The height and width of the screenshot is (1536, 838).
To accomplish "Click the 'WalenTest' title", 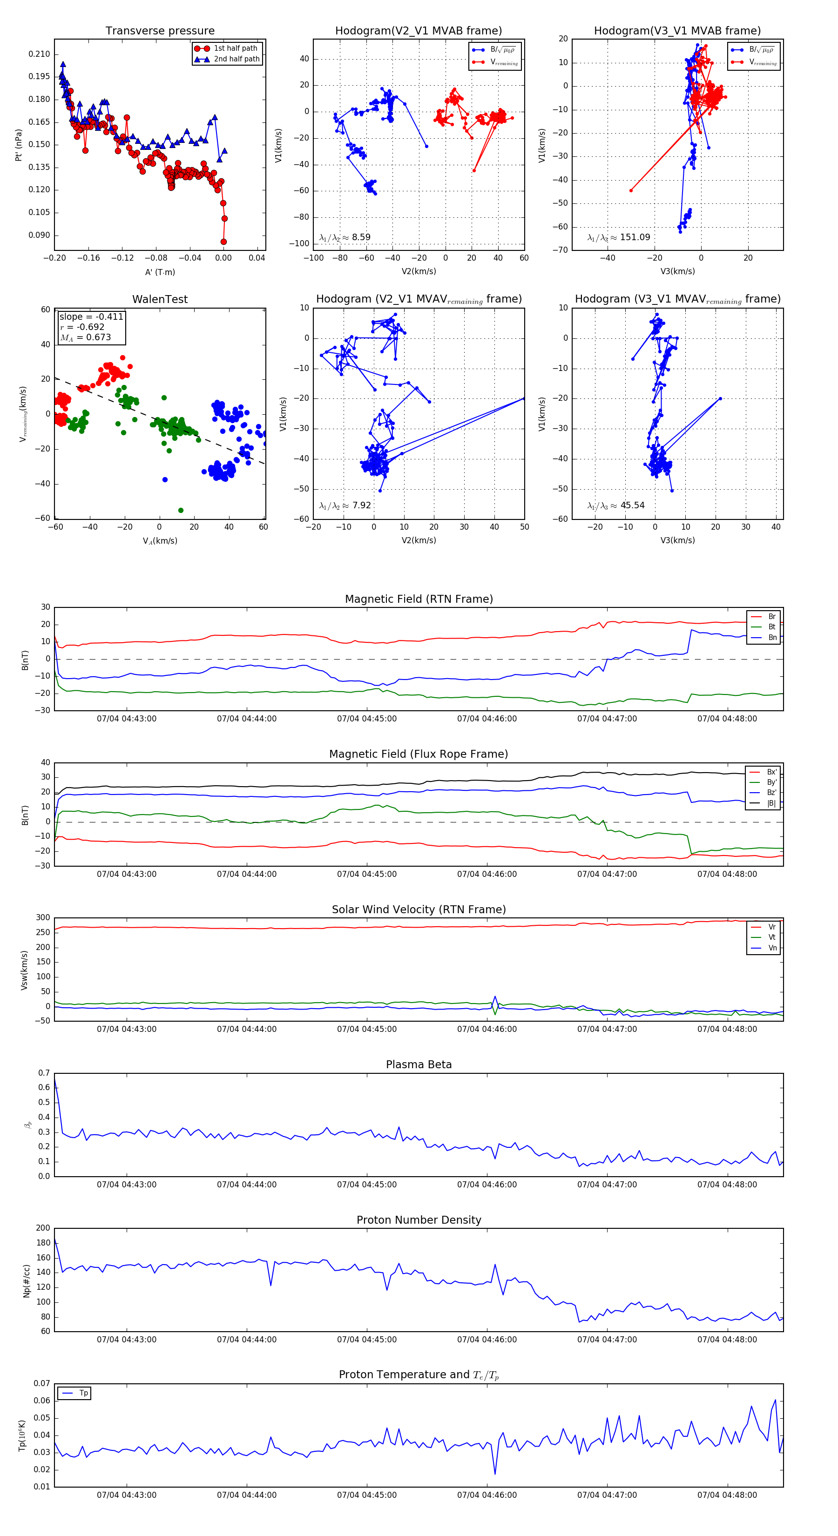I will [160, 299].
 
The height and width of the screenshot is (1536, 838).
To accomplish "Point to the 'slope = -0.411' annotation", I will [91, 317].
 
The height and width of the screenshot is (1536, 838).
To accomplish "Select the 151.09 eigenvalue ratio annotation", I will [619, 237].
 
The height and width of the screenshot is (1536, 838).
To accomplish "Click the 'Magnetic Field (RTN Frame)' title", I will [419, 599].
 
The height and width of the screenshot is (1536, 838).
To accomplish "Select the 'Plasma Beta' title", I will [419, 1065].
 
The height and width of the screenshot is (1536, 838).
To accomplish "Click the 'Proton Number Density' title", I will [419, 1220].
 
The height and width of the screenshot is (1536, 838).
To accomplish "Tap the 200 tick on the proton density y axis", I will [43, 1228].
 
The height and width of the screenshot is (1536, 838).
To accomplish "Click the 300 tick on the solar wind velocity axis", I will [43, 918].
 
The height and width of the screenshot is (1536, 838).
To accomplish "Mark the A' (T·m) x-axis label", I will [160, 272].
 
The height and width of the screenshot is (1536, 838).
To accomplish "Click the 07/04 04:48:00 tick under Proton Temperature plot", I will [727, 1496].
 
